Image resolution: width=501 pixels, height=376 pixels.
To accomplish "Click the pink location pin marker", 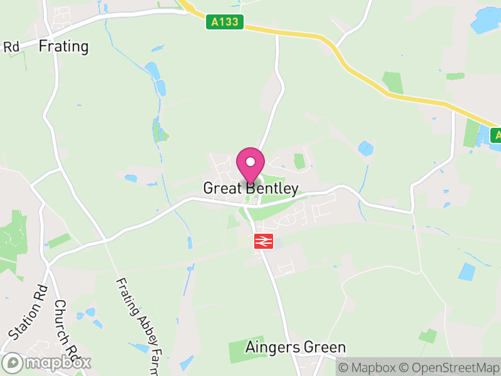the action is tap(250, 165).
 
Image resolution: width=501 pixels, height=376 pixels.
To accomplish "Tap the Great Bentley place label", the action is tap(250, 189).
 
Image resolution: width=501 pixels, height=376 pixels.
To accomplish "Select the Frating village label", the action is tap(64, 46).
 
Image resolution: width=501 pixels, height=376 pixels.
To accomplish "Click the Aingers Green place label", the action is tap(296, 347).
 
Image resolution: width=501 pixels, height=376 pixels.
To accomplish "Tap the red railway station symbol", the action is tap(264, 241).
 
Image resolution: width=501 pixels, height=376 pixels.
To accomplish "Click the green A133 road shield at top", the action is tap(225, 23).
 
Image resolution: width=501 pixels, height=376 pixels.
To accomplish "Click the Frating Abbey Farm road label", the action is tap(138, 326).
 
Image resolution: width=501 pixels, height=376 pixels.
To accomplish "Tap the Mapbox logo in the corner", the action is tap(47, 362).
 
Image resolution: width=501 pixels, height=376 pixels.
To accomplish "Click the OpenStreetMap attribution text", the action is tap(449, 367).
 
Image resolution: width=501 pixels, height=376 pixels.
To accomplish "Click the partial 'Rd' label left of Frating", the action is tap(11, 47).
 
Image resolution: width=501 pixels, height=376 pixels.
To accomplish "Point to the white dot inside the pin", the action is tap(250, 162).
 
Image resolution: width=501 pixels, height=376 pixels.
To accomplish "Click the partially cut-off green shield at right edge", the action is tap(497, 135).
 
